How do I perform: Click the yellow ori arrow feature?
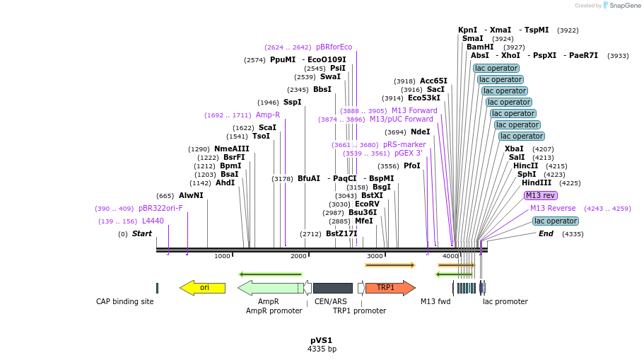pyautogui.click(x=203, y=287)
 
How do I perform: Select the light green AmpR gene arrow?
pyautogui.click(x=269, y=287)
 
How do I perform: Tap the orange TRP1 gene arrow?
pyautogui.click(x=388, y=287)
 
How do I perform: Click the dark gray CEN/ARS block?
pyautogui.click(x=332, y=288)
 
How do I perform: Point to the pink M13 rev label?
pyautogui.click(x=541, y=195)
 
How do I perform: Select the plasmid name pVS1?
pyautogui.click(x=321, y=340)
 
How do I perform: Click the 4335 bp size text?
pyautogui.click(x=322, y=349)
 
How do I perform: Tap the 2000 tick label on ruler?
pyautogui.click(x=298, y=256)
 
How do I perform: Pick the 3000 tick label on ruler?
pyautogui.click(x=375, y=256)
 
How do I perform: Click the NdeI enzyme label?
pyautogui.click(x=420, y=132)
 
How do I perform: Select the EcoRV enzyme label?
pyautogui.click(x=367, y=204)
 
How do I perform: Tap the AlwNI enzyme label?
pyautogui.click(x=191, y=195)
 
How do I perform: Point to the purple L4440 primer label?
pyautogui.click(x=153, y=221)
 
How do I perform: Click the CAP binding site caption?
pyautogui.click(x=124, y=301)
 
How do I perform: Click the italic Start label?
pyautogui.click(x=141, y=233)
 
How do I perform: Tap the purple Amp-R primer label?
pyautogui.click(x=268, y=115)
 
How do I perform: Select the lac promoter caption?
pyautogui.click(x=505, y=301)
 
